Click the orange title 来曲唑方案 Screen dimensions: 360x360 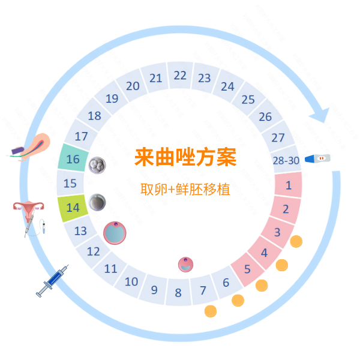pos(185,157)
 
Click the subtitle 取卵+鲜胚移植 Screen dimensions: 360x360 pos(185,189)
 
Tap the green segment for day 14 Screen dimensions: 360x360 pos(73,208)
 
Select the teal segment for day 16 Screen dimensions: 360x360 pos(73,160)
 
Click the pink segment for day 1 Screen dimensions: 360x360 pos(288,185)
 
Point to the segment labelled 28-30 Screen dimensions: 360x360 pos(286,160)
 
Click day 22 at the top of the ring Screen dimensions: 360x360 pos(180,76)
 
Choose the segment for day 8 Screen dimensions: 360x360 pos(178,293)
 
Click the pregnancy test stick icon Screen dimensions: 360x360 pos(317,159)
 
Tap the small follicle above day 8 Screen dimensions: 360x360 pos(187,264)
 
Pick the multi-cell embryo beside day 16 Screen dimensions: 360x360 pos(97,165)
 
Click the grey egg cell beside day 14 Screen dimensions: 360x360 pos(97,202)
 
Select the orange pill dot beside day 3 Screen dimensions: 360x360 pos(295,242)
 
